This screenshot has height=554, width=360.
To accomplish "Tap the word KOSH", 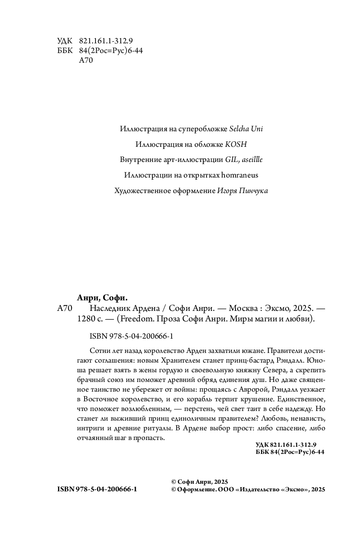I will pos(236,144).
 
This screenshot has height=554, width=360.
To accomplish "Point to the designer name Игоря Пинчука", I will pos(243,191).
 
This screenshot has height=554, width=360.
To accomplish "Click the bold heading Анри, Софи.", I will pos(102,298).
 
